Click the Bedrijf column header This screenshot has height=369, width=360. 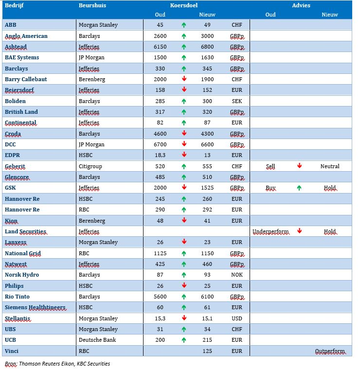14,5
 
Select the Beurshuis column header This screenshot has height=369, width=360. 92,5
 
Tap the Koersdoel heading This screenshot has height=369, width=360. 184,5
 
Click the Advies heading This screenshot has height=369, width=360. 301,5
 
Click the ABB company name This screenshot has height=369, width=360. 11,25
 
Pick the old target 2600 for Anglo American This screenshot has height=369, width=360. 160,36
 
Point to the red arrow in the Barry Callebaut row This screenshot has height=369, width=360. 184,79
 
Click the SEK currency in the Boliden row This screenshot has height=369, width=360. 236,101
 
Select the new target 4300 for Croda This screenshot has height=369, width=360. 207,134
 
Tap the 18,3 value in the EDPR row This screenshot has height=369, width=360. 160,155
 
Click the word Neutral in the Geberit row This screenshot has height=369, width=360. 330,166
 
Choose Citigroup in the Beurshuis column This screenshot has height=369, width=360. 90,167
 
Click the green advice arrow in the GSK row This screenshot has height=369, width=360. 299,188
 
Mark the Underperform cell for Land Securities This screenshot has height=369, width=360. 271,232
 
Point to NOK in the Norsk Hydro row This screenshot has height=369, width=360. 236,275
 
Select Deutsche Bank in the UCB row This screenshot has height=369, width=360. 97,340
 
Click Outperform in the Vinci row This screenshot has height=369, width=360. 330,351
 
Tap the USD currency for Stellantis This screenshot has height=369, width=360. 236,318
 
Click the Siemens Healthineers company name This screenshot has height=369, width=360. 36,307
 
